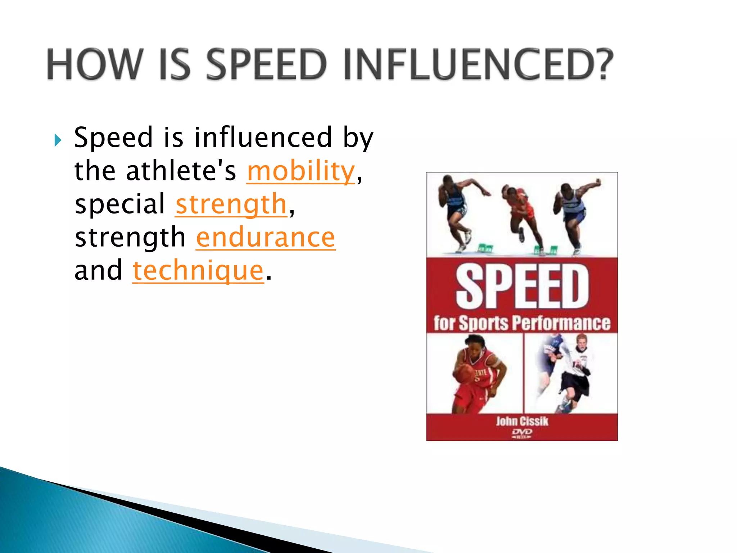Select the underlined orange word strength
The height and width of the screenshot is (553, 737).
pos(231,204)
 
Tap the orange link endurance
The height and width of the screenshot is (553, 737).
pos(266,238)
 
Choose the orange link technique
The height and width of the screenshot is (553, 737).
pos(198,271)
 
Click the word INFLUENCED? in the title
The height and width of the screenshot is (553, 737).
pos(478,65)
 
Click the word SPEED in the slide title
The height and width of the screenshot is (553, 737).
pos(266,65)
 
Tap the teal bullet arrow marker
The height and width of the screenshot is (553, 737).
pos(58,140)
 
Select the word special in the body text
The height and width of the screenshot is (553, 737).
pos(119,204)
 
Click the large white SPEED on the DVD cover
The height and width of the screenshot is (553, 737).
pos(522,286)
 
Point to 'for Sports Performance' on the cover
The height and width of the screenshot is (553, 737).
pos(522,323)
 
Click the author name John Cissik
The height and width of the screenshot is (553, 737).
pos(522,421)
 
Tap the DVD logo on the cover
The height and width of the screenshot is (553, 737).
pos(522,433)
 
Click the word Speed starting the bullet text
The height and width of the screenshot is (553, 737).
pos(114,138)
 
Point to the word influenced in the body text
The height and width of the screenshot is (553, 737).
pos(263,138)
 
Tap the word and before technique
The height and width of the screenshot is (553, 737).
pos(98,271)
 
